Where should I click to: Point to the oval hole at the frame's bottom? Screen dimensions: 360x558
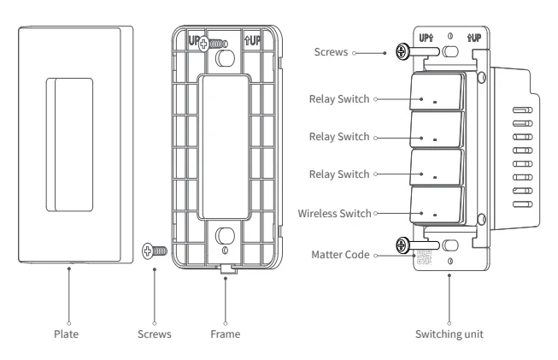pos(225,235)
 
